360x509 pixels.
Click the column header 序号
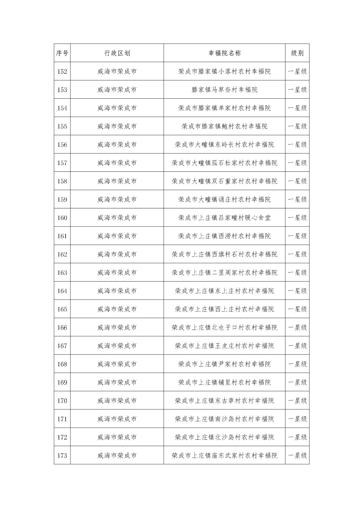[62, 53]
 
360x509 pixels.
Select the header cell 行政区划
[117, 53]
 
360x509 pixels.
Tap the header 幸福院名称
[224, 53]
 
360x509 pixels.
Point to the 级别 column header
[297, 53]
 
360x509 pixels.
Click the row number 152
[62, 72]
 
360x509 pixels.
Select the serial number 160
[62, 218]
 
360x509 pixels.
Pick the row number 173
[62, 456]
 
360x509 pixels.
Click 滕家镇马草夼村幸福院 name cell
[224, 90]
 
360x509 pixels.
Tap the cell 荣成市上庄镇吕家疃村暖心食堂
[224, 218]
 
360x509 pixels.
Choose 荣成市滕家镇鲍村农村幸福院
[224, 126]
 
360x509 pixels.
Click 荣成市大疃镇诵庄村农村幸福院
[224, 199]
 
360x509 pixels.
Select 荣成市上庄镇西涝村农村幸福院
[224, 236]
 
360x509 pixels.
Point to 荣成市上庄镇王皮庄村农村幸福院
[224, 346]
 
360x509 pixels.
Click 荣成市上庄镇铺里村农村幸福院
[224, 382]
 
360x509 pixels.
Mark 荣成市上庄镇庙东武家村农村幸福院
[224, 456]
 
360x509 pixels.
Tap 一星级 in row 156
[297, 145]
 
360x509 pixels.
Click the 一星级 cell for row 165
[297, 309]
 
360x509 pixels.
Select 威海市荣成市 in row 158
[117, 181]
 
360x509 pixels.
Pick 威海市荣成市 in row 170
[117, 401]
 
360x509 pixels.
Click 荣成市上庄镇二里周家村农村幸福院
[224, 273]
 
